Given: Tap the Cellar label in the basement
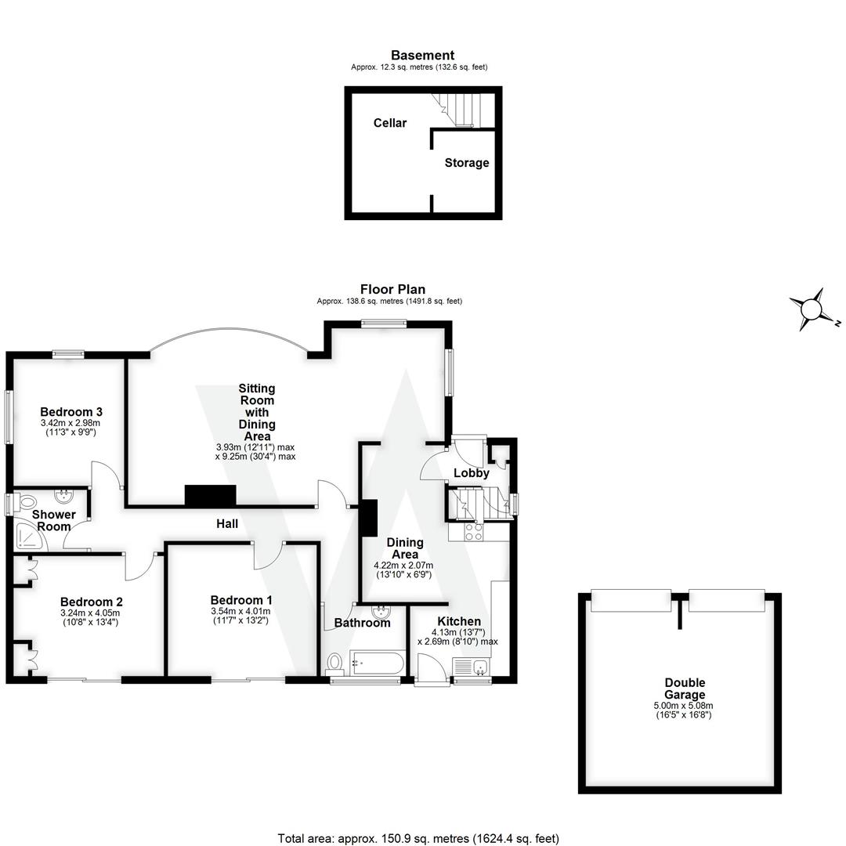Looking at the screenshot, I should click(389, 123).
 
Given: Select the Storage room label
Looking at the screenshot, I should click(467, 163).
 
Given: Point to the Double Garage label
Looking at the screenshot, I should click(685, 689).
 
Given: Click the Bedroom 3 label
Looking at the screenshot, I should click(71, 412).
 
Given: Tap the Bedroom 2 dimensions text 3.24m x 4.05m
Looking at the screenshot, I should click(91, 613).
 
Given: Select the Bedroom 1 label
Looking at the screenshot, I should click(241, 600).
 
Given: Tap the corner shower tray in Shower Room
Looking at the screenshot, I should click(29, 535).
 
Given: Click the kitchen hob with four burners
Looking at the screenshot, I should click(473, 532).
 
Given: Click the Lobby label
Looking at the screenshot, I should click(472, 473).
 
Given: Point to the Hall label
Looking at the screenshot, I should click(227, 523).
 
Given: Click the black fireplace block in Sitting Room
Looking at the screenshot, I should click(210, 496).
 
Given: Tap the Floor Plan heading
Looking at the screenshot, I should click(392, 289).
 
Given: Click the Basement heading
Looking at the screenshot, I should click(422, 56).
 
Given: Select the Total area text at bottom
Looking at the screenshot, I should click(418, 838).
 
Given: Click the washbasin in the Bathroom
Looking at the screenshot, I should click(381, 612).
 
